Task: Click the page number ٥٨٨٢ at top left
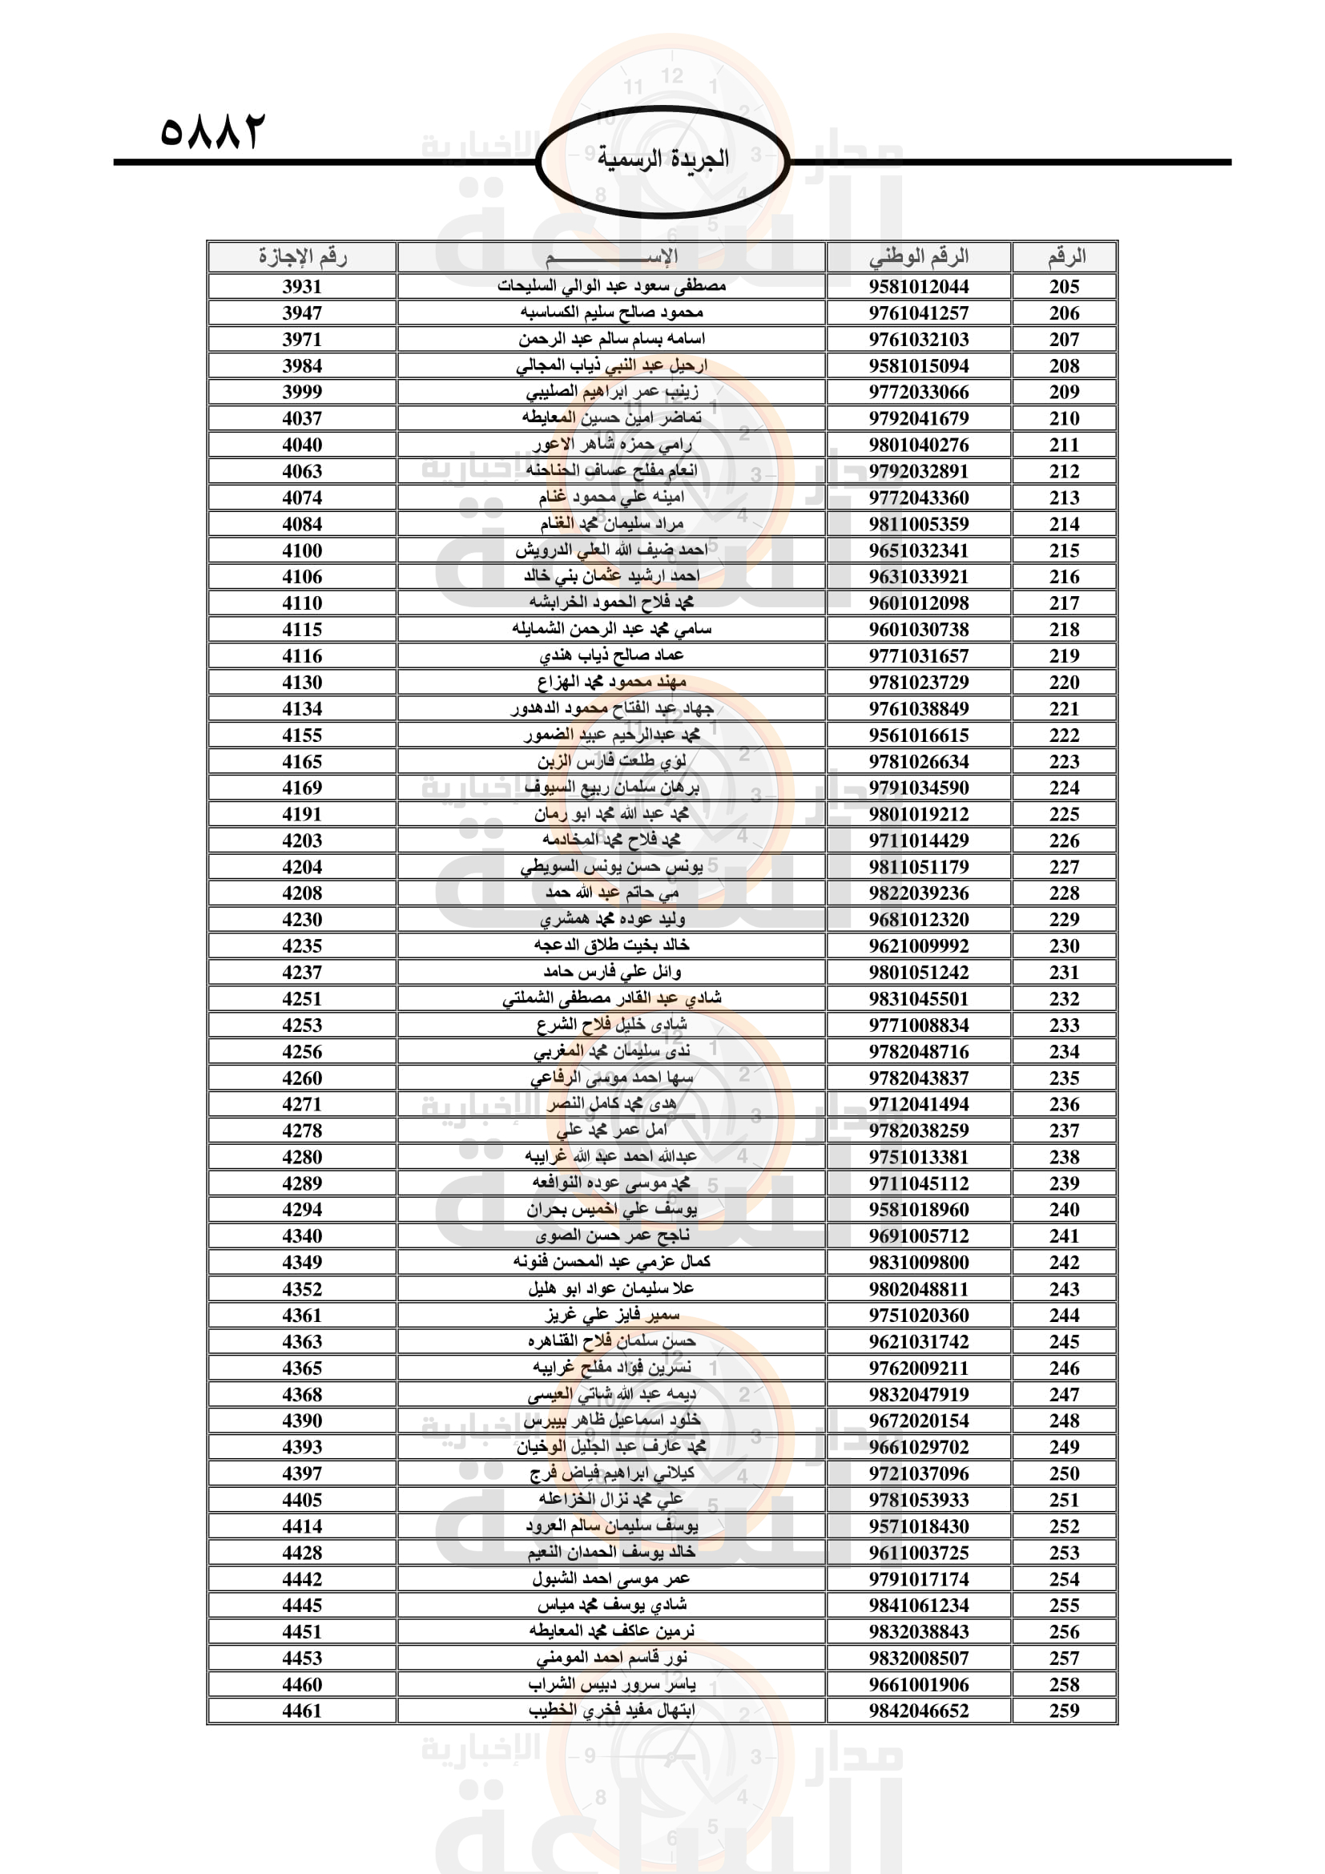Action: click(x=213, y=131)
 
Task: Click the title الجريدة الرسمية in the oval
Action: click(x=662, y=159)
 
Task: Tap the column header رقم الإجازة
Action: click(x=302, y=257)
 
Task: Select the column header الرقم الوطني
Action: click(x=919, y=257)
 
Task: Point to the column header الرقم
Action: click(x=1065, y=257)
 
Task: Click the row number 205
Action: click(x=1064, y=287)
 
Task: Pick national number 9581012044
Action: click(x=919, y=287)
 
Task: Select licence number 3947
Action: click(x=302, y=313)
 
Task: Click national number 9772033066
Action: click(x=919, y=393)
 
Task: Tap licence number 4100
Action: click(x=302, y=551)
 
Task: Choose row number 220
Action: click(x=1064, y=683)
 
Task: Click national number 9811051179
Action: click(x=919, y=867)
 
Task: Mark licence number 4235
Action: click(x=302, y=946)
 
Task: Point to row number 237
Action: click(x=1064, y=1130)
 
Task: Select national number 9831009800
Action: click(x=919, y=1263)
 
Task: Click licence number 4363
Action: click(x=302, y=1342)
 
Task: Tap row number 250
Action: click(x=1064, y=1473)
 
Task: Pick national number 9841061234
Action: click(x=919, y=1606)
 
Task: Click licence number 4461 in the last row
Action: click(x=302, y=1711)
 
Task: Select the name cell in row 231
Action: click(x=612, y=972)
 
